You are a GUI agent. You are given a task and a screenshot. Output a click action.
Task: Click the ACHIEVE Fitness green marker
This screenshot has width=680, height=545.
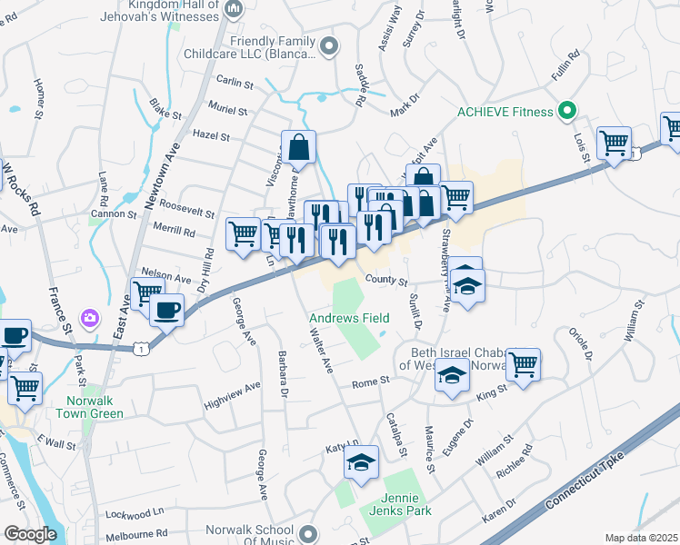point(567,112)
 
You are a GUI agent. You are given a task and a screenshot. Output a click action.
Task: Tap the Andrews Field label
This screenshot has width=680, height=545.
point(349,318)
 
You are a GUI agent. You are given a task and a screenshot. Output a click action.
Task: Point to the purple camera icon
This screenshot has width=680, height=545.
point(90,317)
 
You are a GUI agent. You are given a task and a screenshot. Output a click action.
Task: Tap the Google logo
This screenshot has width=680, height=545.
point(30,534)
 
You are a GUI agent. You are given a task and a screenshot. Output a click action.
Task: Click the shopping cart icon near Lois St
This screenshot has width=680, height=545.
point(614,142)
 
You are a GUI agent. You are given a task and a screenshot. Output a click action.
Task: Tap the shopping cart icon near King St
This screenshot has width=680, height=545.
point(523,364)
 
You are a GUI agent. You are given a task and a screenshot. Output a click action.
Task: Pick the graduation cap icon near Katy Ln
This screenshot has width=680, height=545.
point(361,462)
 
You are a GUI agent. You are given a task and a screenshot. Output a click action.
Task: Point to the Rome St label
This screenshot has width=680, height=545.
point(370,381)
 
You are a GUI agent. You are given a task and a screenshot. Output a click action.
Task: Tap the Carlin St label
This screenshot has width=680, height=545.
point(235,83)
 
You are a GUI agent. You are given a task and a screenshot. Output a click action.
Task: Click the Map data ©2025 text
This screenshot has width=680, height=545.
point(641,538)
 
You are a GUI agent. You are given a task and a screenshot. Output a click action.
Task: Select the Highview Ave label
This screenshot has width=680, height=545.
point(232,385)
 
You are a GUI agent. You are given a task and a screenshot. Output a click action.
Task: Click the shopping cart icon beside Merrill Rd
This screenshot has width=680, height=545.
point(243,233)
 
